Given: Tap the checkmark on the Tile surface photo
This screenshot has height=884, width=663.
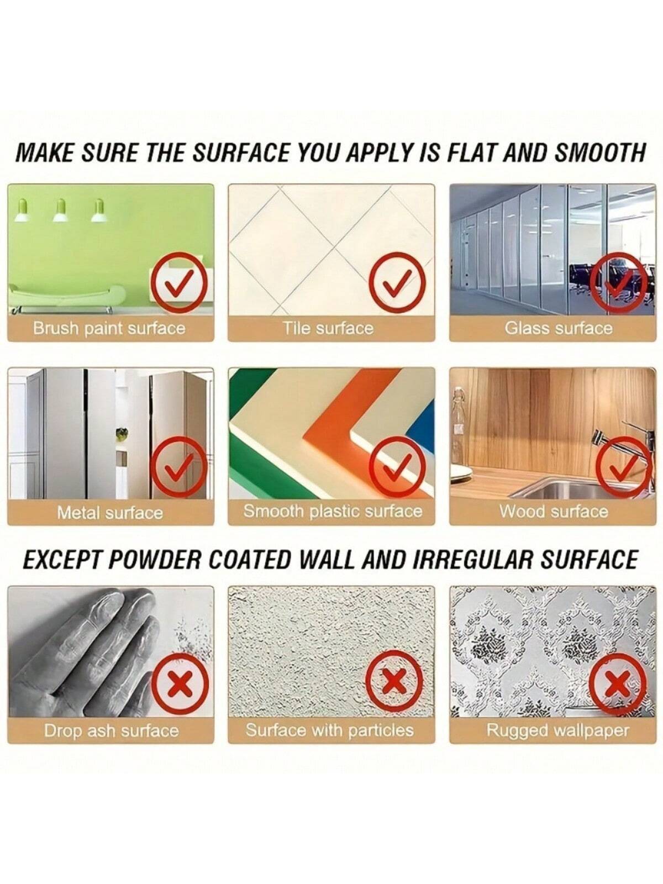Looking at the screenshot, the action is (x=398, y=283).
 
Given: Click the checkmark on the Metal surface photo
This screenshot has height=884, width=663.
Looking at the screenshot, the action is (x=179, y=466).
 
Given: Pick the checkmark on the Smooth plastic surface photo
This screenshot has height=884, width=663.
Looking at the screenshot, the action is (x=398, y=466).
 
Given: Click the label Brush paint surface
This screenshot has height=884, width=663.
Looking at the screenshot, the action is (x=109, y=328).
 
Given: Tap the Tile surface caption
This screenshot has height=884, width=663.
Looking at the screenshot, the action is (x=329, y=328).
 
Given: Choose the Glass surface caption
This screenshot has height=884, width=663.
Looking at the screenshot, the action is (x=559, y=328).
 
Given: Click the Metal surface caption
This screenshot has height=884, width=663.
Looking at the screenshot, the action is (x=109, y=513).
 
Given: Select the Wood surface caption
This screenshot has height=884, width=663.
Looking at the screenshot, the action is (x=554, y=511).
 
